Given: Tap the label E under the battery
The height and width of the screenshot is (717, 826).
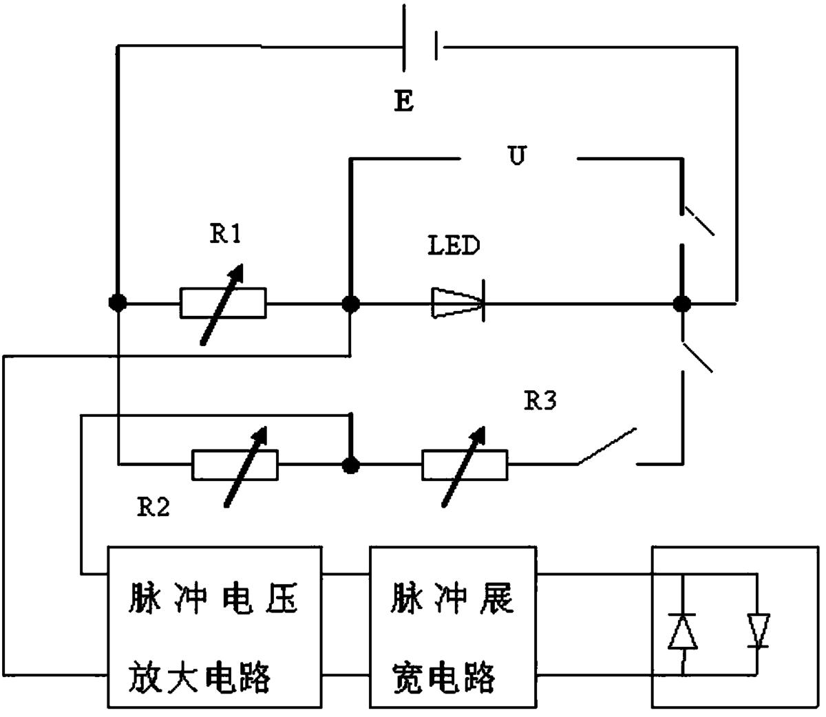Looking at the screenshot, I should pyautogui.click(x=404, y=103).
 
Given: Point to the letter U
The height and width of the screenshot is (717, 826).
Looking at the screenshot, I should pyautogui.click(x=516, y=156).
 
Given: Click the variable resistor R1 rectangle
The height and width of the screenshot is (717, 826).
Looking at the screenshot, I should pyautogui.click(x=223, y=303).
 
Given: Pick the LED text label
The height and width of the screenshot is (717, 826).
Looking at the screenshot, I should pyautogui.click(x=454, y=246).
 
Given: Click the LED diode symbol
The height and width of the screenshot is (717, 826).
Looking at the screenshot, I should pyautogui.click(x=458, y=303).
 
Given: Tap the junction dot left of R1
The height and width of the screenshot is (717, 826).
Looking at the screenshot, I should pyautogui.click(x=118, y=303).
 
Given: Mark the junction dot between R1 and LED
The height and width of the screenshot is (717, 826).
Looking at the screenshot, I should pyautogui.click(x=350, y=303).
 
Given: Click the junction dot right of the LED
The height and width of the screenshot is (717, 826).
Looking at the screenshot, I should pyautogui.click(x=681, y=303).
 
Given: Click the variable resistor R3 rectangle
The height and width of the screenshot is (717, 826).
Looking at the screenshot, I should pyautogui.click(x=465, y=465).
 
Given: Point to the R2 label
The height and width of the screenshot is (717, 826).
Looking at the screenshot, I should pyautogui.click(x=152, y=508).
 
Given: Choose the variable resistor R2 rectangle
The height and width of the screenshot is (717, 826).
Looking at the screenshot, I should pyautogui.click(x=235, y=465).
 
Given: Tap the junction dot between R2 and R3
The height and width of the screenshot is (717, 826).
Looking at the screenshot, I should pyautogui.click(x=351, y=465).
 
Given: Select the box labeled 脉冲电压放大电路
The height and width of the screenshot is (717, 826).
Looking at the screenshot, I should pyautogui.click(x=214, y=626).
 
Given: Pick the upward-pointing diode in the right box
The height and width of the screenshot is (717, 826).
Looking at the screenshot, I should pyautogui.click(x=683, y=631).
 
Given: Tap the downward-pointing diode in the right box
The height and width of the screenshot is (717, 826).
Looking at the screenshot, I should pyautogui.click(x=759, y=631).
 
